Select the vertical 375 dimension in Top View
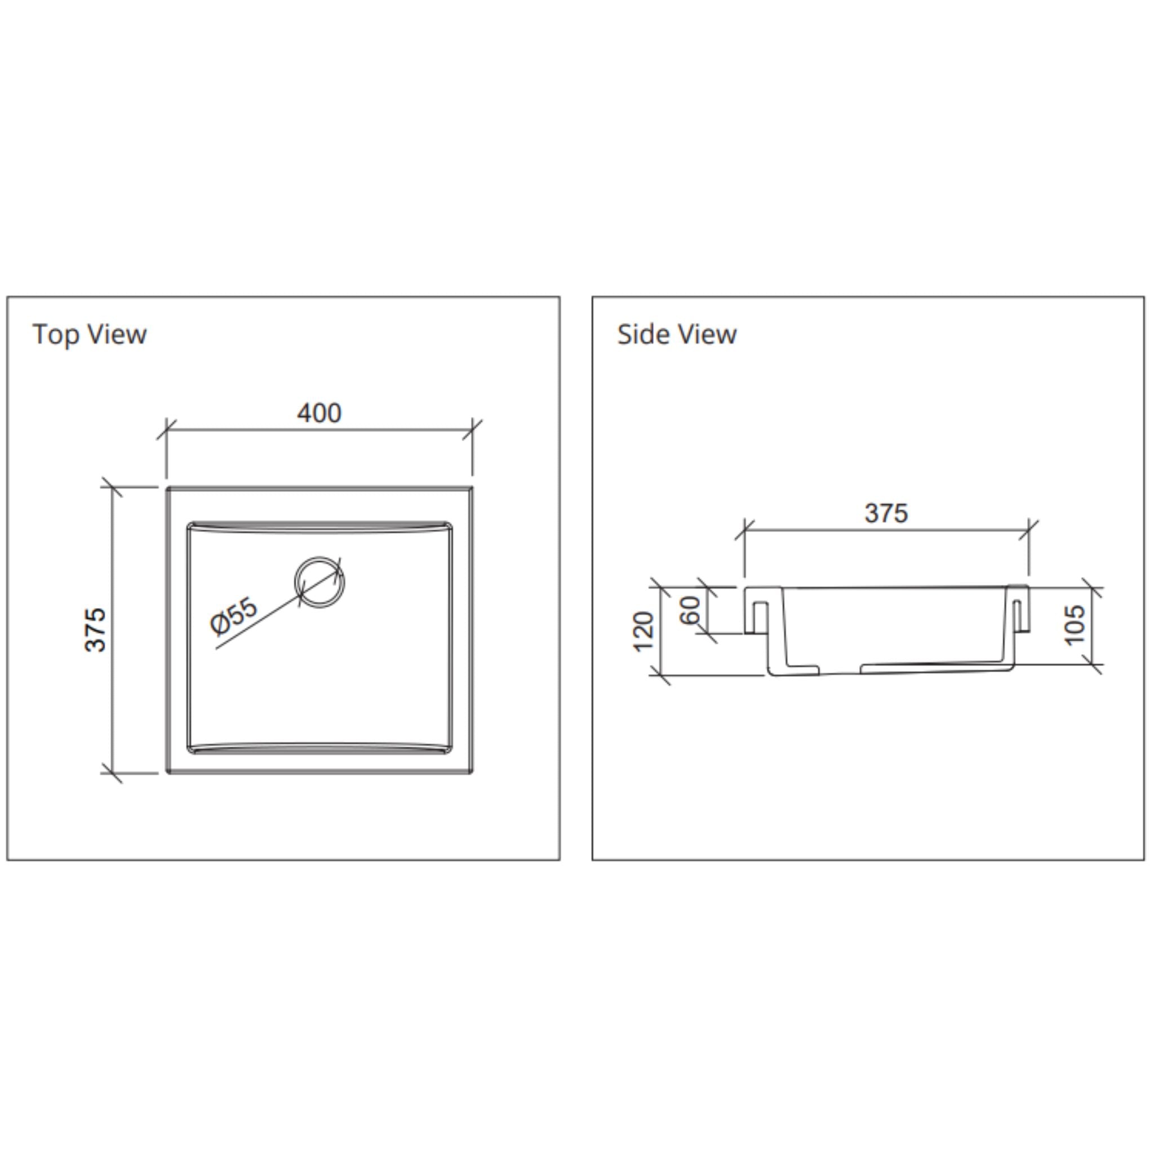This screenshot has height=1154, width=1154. (96, 629)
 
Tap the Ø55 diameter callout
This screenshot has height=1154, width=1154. (234, 615)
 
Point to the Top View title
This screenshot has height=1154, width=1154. (90, 334)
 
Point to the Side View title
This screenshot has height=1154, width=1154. (677, 334)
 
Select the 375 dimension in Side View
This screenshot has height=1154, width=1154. (886, 513)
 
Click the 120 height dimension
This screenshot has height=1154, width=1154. (643, 631)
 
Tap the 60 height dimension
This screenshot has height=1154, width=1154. (690, 610)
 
